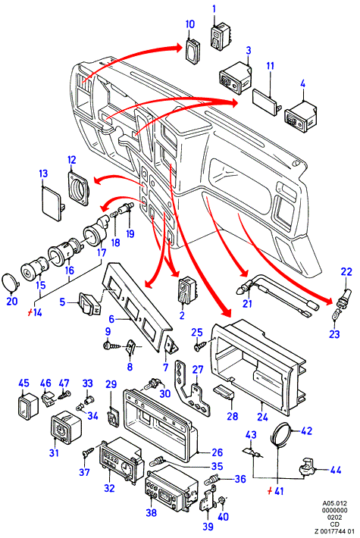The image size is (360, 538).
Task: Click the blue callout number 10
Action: click(x=189, y=24)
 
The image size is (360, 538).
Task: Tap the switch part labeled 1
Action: click(x=221, y=36)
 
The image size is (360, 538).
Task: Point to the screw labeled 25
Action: click(x=200, y=346)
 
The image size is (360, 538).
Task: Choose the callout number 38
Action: click(x=152, y=512)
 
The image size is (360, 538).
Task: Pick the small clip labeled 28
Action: click(x=224, y=392)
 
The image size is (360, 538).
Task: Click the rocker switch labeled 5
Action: click(x=89, y=304)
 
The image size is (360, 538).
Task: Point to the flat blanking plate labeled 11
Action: click(x=267, y=102)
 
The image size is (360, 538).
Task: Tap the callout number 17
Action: click(x=102, y=252)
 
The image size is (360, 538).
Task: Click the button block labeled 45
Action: click(x=28, y=406)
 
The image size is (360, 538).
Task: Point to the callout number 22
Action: click(x=346, y=271)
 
